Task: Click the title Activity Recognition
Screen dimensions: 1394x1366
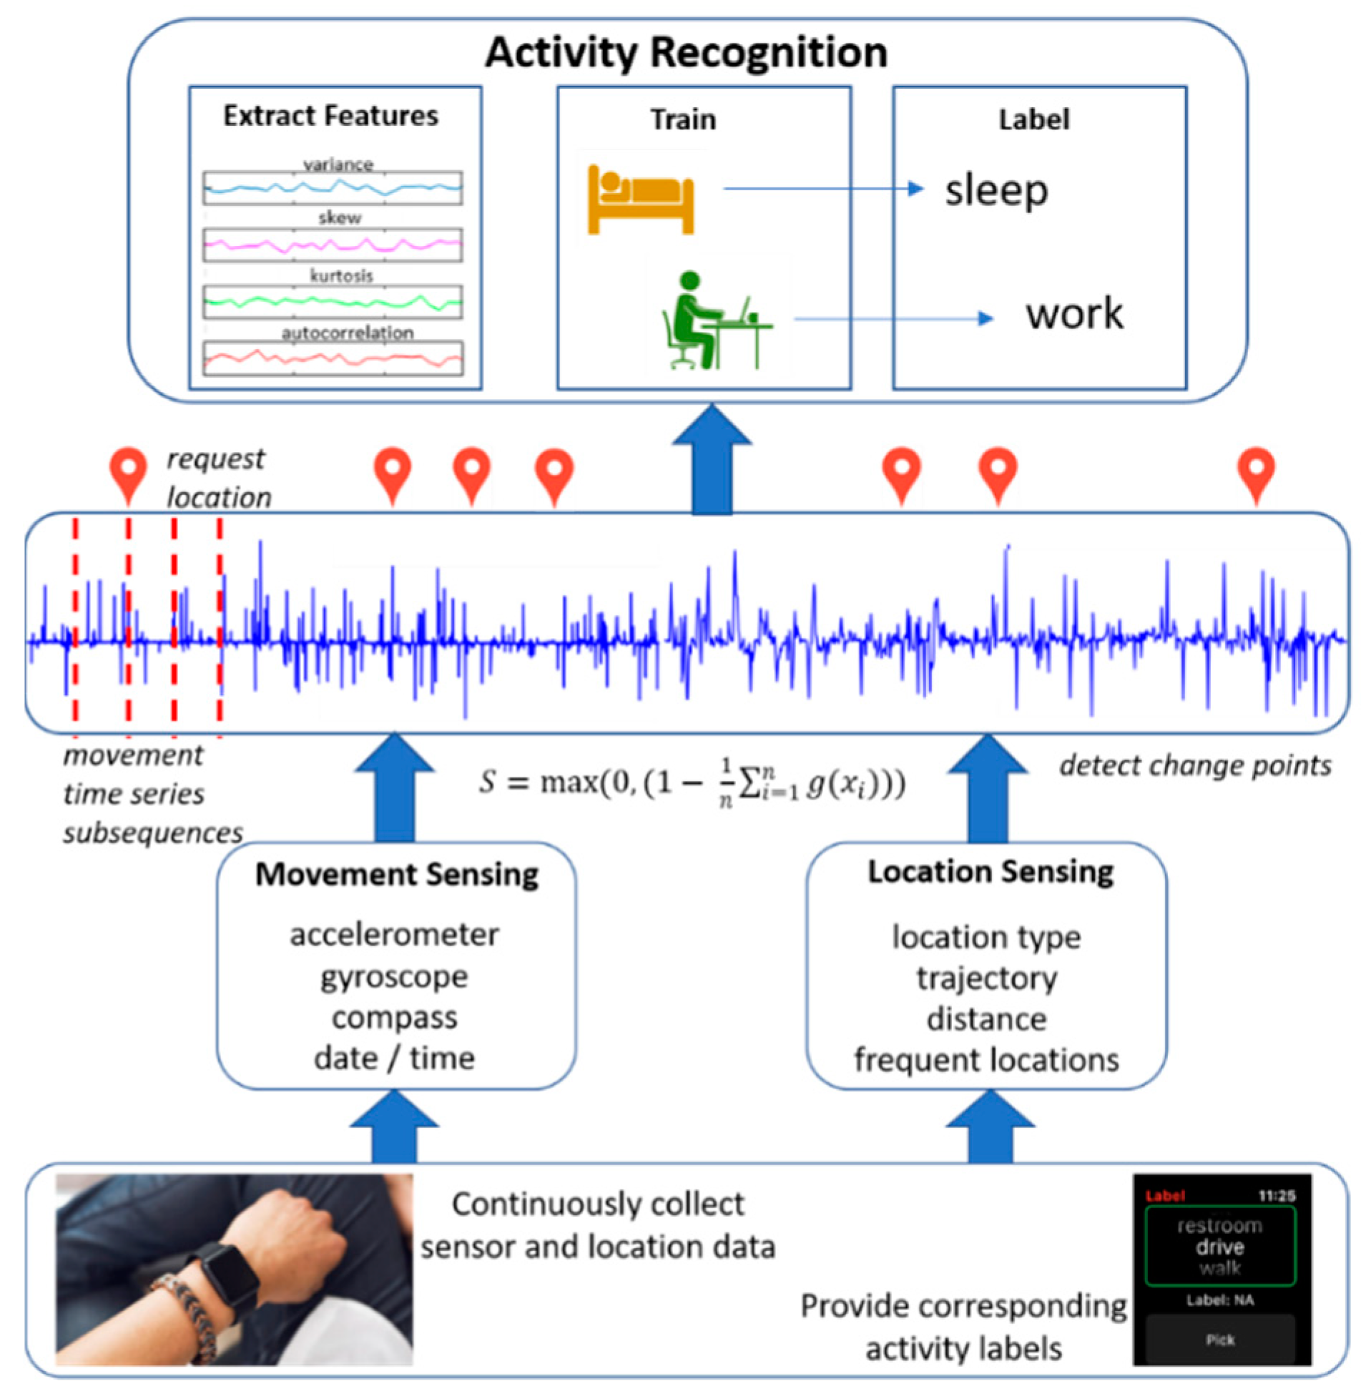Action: [x=686, y=52]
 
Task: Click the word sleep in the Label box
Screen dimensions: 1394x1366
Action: [x=996, y=191]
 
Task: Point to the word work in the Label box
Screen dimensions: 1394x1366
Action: [x=1074, y=313]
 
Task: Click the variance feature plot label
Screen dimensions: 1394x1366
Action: [x=337, y=165]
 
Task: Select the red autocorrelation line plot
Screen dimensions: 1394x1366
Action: [x=332, y=358]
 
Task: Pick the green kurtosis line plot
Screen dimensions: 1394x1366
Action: [x=332, y=301]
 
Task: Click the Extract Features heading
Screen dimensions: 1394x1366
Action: [x=330, y=115]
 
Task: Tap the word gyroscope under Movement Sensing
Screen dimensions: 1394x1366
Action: [x=394, y=977]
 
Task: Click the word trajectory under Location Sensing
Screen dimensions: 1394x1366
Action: [x=986, y=978]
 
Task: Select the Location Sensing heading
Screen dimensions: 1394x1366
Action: [x=990, y=872]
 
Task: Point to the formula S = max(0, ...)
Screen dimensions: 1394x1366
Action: [x=692, y=783]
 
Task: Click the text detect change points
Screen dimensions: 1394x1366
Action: [x=1194, y=765]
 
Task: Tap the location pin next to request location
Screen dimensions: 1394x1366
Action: [x=129, y=472]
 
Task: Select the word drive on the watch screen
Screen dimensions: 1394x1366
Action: [x=1219, y=1246]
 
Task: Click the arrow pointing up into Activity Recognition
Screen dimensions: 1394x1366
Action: [x=712, y=459]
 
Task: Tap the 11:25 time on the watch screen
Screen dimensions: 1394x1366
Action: [x=1277, y=1195]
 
